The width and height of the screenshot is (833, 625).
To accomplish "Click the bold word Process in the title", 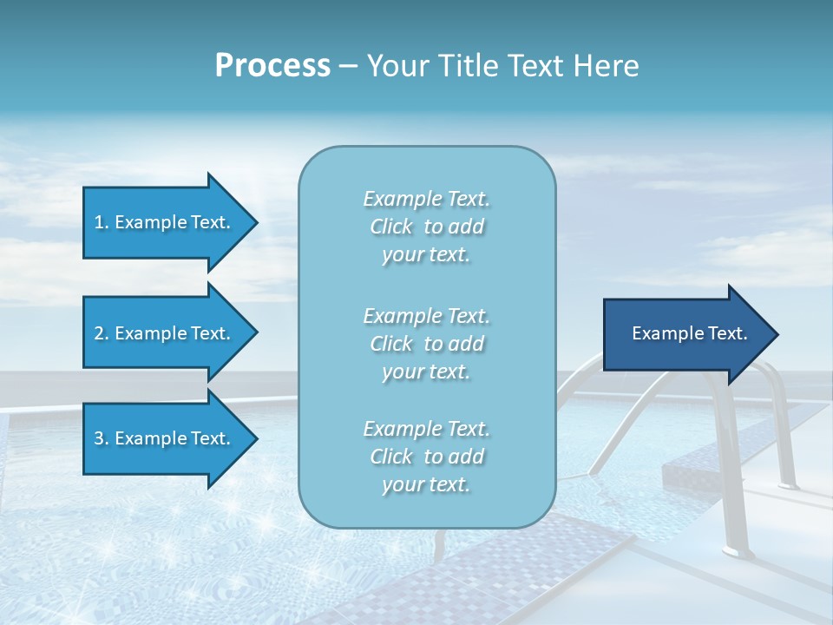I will pyautogui.click(x=272, y=66).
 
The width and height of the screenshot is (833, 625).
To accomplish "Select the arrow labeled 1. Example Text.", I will pyautogui.click(x=165, y=222).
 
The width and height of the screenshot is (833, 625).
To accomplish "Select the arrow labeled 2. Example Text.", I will pyautogui.click(x=165, y=333).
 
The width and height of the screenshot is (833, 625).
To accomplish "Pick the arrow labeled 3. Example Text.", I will pyautogui.click(x=165, y=438).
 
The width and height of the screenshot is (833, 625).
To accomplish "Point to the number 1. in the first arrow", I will pyautogui.click(x=102, y=222).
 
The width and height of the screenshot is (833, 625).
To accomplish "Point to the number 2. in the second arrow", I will pyautogui.click(x=102, y=333).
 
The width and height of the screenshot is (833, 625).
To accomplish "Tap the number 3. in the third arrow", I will pyautogui.click(x=102, y=438).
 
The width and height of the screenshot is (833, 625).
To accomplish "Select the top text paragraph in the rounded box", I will pyautogui.click(x=426, y=227).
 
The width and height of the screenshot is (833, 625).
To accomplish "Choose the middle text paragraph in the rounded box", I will pyautogui.click(x=426, y=343).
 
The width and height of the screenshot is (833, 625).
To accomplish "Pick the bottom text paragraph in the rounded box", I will pyautogui.click(x=426, y=457).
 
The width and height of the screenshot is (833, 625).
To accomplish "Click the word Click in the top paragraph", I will pyautogui.click(x=391, y=227).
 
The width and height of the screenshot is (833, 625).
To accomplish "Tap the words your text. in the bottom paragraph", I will pyautogui.click(x=426, y=484).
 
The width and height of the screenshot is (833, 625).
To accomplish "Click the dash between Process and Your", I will pyautogui.click(x=348, y=66).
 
